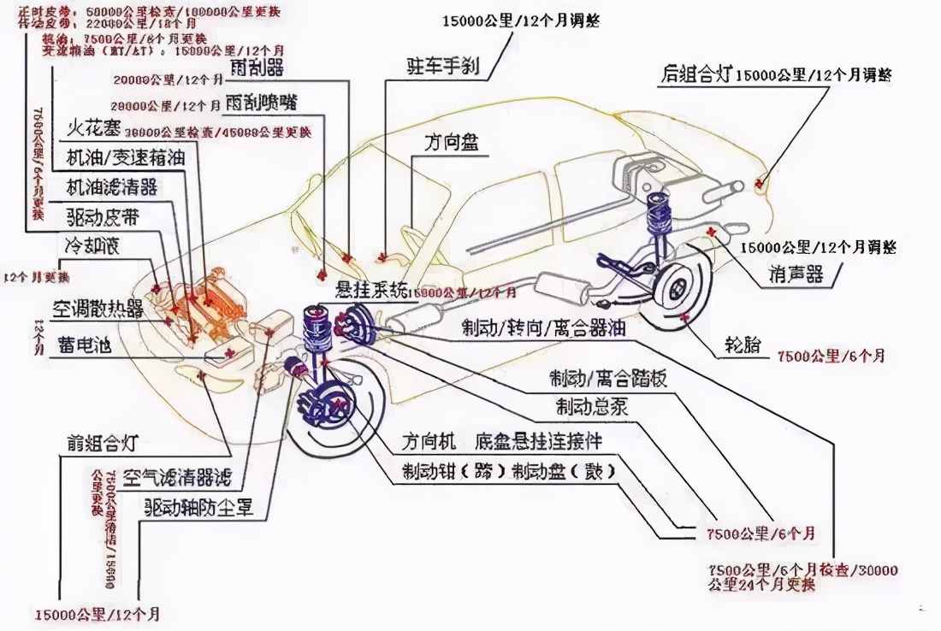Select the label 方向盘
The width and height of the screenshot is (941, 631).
point(450,142)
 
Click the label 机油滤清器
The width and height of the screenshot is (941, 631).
point(112,186)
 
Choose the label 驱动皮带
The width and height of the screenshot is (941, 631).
point(100,214)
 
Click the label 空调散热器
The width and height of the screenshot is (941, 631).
point(98,308)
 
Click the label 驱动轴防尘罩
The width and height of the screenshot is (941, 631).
point(198,506)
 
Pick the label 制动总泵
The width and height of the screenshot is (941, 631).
point(592,406)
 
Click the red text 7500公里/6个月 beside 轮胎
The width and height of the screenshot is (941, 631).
point(830,355)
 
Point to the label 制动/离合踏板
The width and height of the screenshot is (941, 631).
point(609,378)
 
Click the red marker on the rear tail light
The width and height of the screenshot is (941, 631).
point(759,181)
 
